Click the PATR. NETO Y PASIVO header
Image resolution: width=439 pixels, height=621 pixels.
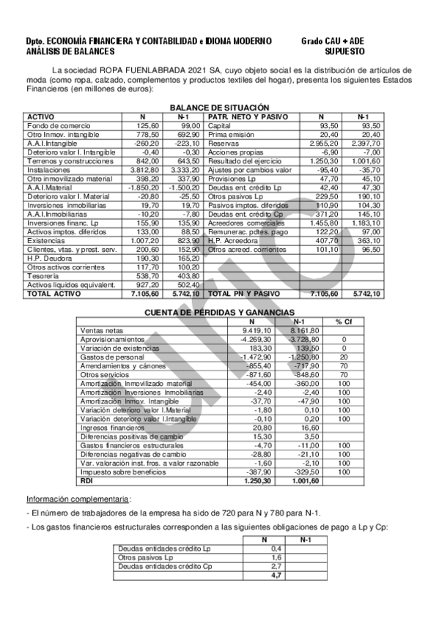coord(248,116)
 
